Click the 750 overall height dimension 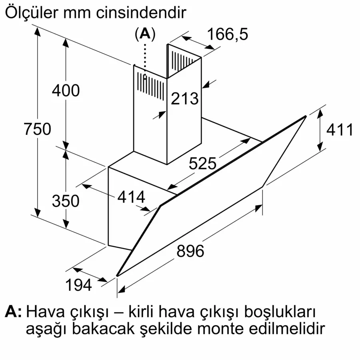(38, 129)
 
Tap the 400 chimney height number (66, 90)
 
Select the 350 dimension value (66, 201)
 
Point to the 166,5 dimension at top (228, 34)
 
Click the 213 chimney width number (184, 99)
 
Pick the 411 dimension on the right (340, 130)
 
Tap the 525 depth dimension (202, 164)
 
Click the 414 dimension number (131, 197)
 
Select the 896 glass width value (190, 251)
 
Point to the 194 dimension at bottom (78, 285)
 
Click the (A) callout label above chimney (145, 34)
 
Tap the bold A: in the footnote (13, 312)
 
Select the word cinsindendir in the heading (141, 13)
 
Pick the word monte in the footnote (220, 329)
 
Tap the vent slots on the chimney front (151, 86)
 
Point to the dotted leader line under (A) (145, 61)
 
